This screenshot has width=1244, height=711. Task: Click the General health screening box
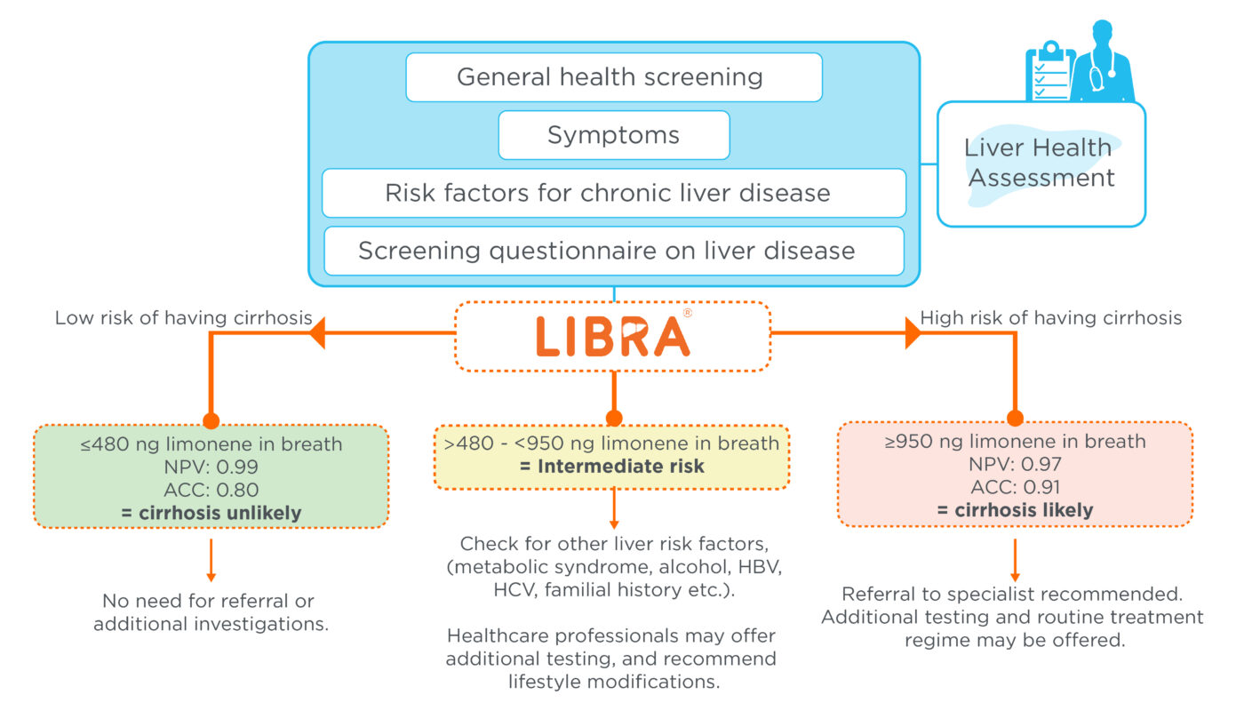click(613, 77)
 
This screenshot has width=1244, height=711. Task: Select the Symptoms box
click(613, 135)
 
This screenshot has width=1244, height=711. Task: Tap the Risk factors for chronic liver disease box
click(613, 193)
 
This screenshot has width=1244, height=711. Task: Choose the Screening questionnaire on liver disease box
click(613, 251)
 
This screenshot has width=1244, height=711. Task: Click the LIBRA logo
click(613, 337)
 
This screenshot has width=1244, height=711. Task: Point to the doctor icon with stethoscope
click(1101, 62)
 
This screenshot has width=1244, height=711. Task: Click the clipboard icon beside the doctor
click(1048, 71)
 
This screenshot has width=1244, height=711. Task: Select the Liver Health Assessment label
click(1041, 163)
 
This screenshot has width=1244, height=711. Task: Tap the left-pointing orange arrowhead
click(317, 333)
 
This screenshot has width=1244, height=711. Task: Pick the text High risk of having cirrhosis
click(1051, 318)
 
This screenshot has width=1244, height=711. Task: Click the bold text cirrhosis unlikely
click(211, 513)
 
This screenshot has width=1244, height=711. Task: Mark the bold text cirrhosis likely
click(1015, 510)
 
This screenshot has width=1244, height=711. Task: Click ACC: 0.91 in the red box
click(1015, 487)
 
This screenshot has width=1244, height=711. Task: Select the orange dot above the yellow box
click(612, 418)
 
